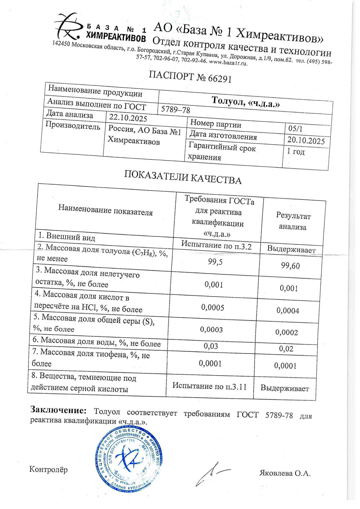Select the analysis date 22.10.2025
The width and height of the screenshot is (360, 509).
point(128,117)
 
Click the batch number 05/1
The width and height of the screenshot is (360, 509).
point(296,129)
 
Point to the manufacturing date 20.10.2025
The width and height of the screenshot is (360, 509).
point(306,140)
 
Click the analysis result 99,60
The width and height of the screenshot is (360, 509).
point(290,266)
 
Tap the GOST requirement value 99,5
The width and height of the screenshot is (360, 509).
point(215,262)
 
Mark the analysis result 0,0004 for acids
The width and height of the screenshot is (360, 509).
point(288,311)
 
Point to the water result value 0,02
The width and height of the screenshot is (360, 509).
point(286,349)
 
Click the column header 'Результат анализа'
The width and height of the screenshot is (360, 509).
point(293,221)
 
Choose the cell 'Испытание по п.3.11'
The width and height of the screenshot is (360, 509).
point(210,386)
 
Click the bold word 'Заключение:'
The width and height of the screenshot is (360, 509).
point(58,410)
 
